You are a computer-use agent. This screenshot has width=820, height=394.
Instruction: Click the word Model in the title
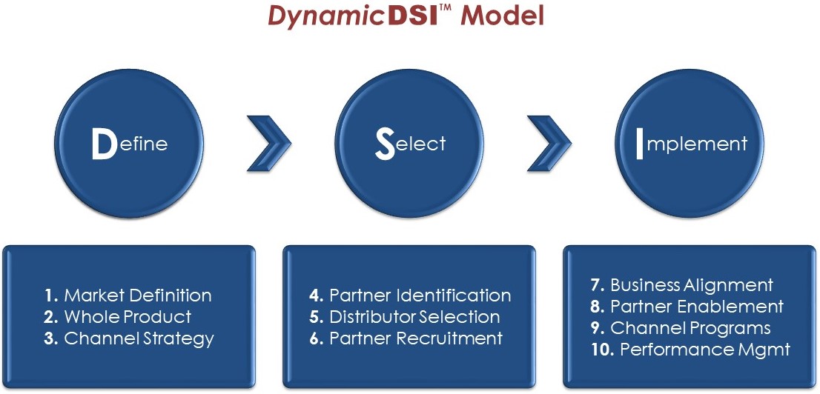tap(503, 16)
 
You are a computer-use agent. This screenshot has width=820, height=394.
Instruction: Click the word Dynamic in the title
tap(327, 16)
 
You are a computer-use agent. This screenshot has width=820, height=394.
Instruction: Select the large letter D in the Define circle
tap(103, 145)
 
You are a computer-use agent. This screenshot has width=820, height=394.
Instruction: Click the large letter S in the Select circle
tap(385, 144)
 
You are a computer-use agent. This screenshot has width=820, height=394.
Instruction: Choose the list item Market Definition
tap(137, 295)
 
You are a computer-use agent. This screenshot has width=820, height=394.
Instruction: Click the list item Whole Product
tap(128, 317)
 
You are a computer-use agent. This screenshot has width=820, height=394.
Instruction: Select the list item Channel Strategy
tap(139, 339)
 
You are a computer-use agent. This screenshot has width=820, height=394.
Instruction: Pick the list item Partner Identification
tap(420, 295)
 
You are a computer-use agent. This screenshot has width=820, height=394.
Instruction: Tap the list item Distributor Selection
tap(414, 317)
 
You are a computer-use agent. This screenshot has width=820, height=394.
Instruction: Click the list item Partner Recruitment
tap(416, 339)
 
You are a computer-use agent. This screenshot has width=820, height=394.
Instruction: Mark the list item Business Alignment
tap(691, 285)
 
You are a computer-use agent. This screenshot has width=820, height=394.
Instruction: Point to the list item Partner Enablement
tap(696, 307)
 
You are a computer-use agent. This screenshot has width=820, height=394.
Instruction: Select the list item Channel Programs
tap(690, 328)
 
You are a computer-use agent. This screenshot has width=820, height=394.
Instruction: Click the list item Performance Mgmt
tap(704, 350)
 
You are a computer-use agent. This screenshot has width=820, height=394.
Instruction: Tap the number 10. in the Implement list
tap(602, 350)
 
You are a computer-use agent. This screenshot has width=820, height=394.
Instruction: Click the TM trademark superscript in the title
tap(447, 9)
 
